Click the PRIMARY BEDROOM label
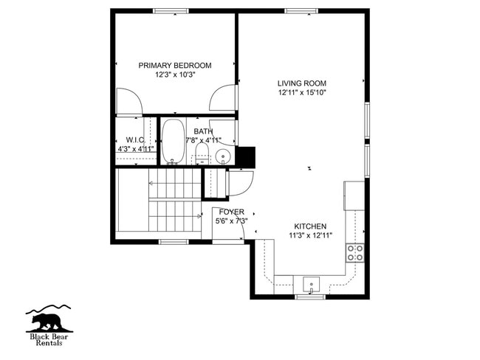pyautogui.click(x=175, y=66)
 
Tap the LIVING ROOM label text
pyautogui.click(x=301, y=83)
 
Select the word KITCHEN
pyautogui.click(x=310, y=226)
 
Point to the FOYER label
pyautogui.click(x=231, y=212)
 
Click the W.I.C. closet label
pyautogui.click(x=134, y=139)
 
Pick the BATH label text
pyautogui.click(x=203, y=131)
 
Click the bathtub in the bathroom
pyautogui.click(x=173, y=141)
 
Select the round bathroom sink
pyautogui.click(x=223, y=156)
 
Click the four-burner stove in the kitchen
pyautogui.click(x=355, y=253)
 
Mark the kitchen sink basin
pyautogui.click(x=311, y=284)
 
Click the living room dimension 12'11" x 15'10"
pyautogui.click(x=301, y=93)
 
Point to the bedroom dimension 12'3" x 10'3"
pyautogui.click(x=175, y=75)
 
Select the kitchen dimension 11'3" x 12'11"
pyautogui.click(x=310, y=236)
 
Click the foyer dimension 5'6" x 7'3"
pyautogui.click(x=231, y=221)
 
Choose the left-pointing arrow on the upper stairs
pyautogui.click(x=150, y=183)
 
